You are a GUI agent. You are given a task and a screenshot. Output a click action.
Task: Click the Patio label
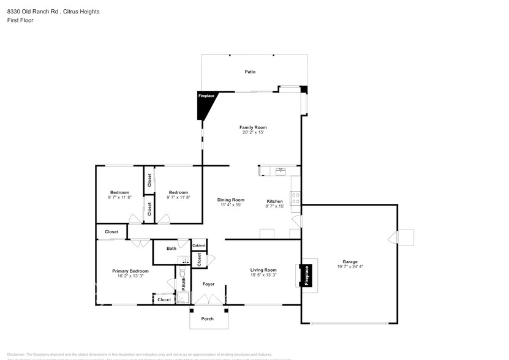(x=250, y=72)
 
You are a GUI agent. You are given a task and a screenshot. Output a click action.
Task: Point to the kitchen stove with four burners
(x=295, y=198)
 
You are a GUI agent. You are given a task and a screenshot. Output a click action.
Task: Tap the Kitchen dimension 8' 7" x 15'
(x=274, y=206)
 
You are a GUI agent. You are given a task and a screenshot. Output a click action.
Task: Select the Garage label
(x=350, y=261)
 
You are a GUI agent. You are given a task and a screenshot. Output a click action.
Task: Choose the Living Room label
(x=263, y=270)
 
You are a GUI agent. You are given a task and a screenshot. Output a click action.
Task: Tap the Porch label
(x=208, y=318)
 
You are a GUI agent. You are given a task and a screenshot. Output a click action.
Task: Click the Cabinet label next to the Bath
(x=199, y=246)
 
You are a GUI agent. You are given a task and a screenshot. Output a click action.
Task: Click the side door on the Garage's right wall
(x=405, y=238)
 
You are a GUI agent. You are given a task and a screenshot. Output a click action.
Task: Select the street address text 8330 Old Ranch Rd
(x=32, y=12)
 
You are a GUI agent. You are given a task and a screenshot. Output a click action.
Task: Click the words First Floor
(x=20, y=20)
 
